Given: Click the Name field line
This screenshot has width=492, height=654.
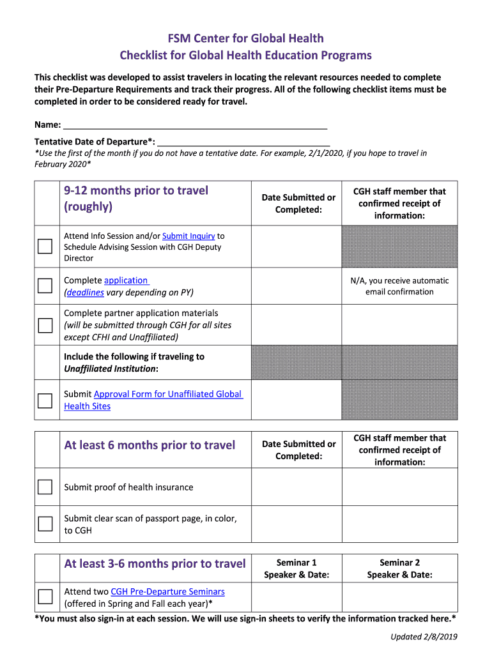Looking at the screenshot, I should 195,125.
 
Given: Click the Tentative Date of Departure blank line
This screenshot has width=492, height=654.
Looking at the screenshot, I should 243,142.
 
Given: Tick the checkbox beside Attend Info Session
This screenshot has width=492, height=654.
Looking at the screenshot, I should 45,246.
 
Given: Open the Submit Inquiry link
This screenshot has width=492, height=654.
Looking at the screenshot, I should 188,236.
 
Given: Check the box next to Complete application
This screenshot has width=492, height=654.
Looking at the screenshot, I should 45,285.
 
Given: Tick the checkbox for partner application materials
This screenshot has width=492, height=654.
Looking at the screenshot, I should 45,325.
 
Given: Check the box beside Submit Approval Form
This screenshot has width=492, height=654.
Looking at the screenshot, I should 45,400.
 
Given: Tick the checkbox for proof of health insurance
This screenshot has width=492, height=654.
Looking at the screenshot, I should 45,487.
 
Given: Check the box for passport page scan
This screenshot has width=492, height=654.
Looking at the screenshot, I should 45,524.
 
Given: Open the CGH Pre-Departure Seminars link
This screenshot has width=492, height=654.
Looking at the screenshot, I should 167,592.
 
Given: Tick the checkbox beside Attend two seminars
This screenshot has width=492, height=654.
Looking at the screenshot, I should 45,597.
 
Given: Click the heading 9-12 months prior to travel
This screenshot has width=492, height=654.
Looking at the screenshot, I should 136,199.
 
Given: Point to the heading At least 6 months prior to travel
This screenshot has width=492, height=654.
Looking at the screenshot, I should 150,445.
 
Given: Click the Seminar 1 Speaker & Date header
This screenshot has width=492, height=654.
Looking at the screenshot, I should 296,568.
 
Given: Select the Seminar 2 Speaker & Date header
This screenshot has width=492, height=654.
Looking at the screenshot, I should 399,568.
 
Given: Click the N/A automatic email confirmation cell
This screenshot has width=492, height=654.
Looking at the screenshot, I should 399,286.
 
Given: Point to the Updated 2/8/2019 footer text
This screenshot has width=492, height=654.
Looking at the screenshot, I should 424,637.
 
